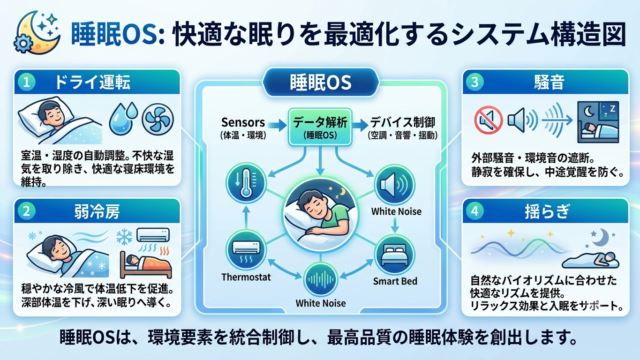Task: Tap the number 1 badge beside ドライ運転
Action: [27, 82]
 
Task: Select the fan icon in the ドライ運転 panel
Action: [158, 119]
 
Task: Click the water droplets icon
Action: [123, 118]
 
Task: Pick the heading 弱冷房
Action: [97, 211]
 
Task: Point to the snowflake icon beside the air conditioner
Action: [124, 237]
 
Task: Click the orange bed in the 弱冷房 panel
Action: [145, 264]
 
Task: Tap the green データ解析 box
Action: [320, 127]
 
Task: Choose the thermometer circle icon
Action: [246, 183]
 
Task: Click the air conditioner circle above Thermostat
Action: [246, 249]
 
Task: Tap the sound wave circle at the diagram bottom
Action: [320, 280]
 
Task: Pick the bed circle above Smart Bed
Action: [394, 256]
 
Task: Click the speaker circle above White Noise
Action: [394, 185]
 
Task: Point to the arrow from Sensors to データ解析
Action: [277, 125]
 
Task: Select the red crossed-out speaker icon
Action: [488, 120]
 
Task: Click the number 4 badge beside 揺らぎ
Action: [474, 211]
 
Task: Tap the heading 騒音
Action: [549, 82]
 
